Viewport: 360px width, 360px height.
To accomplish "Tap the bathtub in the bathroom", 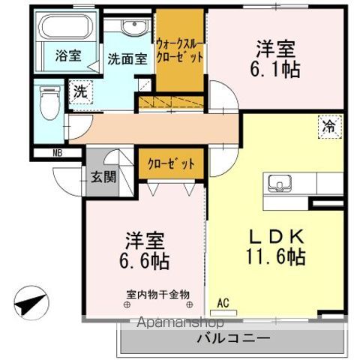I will coord(63,30).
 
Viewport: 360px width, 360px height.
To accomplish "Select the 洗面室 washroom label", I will coord(126,59).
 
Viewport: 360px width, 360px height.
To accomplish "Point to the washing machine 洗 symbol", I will coord(79,93).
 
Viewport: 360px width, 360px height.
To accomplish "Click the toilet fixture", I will coord(49,100).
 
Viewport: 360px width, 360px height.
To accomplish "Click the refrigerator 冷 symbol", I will coord(329,126).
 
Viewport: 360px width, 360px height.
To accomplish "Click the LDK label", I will coord(277,235).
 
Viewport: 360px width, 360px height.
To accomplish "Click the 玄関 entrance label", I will coord(104,178).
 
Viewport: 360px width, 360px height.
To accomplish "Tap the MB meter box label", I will coord(57,154).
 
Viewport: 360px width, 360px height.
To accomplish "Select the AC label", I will coord(222,303).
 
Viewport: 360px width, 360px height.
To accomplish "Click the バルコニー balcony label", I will coord(233,339).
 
